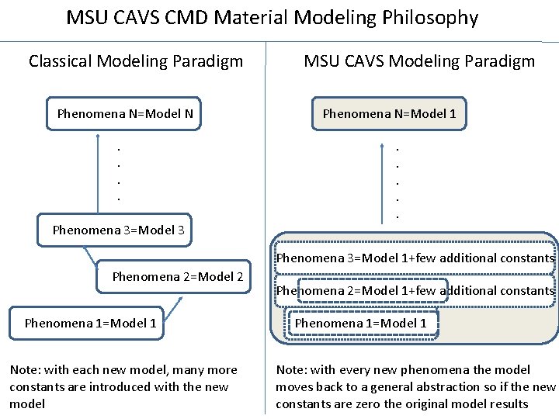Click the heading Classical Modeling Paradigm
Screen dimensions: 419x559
(136, 61)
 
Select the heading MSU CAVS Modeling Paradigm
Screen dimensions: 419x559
(419, 61)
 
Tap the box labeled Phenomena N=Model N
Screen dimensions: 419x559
(125, 114)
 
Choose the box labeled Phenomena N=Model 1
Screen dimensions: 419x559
(389, 114)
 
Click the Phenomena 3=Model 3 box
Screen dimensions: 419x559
(117, 230)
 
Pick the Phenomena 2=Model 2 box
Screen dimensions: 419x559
(177, 276)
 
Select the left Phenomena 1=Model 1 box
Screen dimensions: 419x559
(90, 323)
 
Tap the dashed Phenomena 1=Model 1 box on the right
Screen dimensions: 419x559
(361, 323)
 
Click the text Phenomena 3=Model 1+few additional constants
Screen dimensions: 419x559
(415, 258)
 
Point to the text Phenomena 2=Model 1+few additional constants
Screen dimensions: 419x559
(415, 291)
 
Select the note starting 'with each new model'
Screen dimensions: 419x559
(123, 386)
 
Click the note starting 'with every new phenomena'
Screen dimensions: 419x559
(415, 386)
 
